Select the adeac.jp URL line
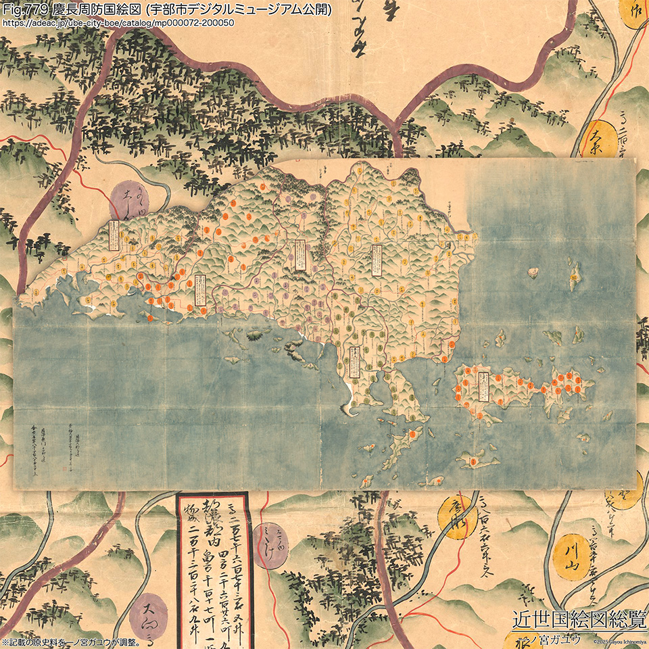[x=118, y=22]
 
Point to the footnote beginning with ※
[x=70, y=642]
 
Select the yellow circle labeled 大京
[x=601, y=139]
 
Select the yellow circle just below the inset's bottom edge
[x=457, y=518]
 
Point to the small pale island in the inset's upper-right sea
[x=533, y=273]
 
